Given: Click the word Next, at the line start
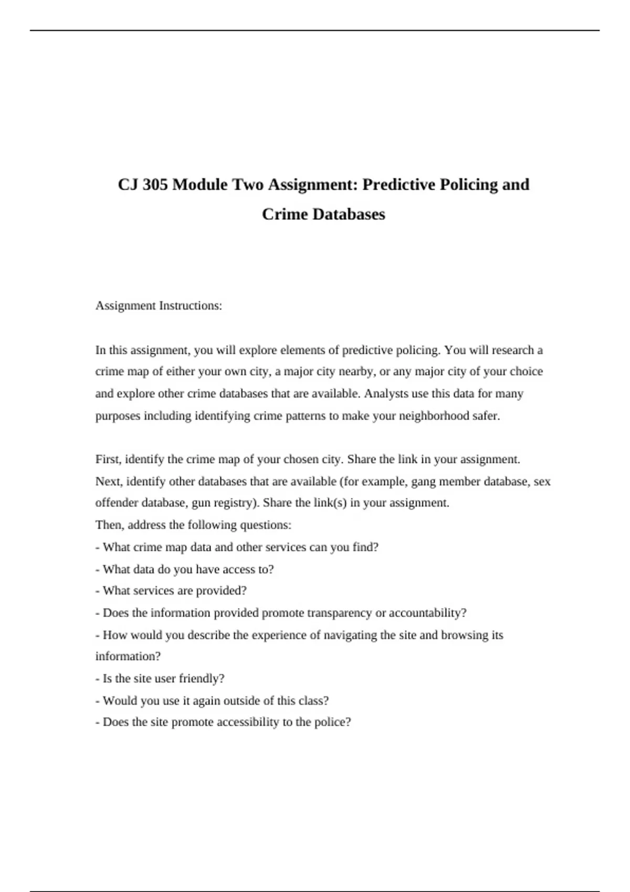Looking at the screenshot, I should pyautogui.click(x=109, y=482).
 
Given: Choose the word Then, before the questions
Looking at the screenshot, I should pyautogui.click(x=110, y=525).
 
